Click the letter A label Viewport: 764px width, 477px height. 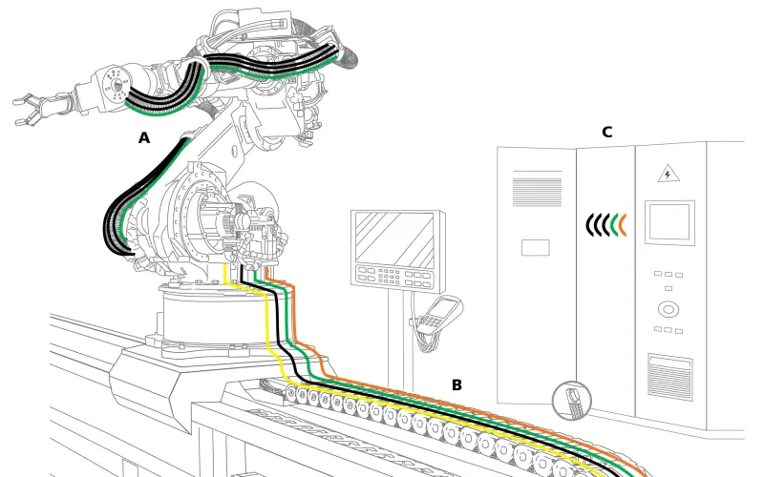coord(144,138)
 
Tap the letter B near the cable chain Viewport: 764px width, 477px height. coord(456,385)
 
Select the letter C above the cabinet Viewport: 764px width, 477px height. coord(606,133)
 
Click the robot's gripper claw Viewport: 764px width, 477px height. coord(32,105)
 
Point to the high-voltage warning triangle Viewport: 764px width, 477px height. coord(668,175)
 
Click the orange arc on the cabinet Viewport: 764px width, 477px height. coord(622,224)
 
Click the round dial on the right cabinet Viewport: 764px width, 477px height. coord(667,309)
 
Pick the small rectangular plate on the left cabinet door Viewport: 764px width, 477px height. coord(535,247)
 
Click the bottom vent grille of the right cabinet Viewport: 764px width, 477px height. coord(668,371)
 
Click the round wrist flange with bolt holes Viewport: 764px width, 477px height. coord(117,85)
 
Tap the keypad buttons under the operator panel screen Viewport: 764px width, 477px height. coord(393,276)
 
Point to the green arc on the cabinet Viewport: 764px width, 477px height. coord(613,224)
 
